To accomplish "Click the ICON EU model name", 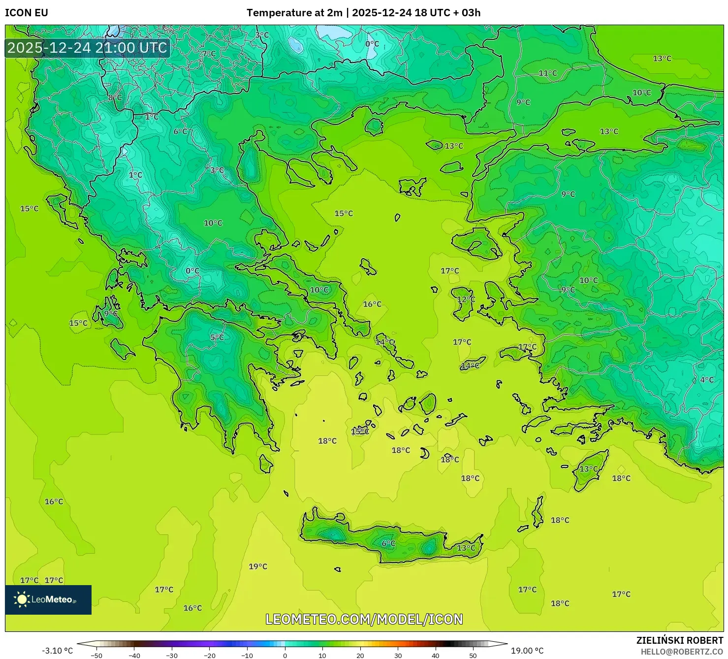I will [x=27, y=13].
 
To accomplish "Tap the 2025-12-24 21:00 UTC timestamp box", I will [x=87, y=48].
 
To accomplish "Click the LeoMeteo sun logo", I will [x=22, y=599].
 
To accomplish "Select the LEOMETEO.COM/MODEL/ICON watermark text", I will [x=364, y=619].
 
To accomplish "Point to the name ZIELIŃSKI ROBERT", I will [x=679, y=640].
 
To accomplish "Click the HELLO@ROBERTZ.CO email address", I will [x=681, y=651].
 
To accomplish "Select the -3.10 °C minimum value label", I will [x=57, y=651].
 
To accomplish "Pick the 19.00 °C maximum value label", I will [x=527, y=651].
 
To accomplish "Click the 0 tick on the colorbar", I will [x=285, y=655].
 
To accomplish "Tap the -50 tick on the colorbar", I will [x=96, y=655].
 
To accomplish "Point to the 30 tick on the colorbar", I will [x=398, y=655].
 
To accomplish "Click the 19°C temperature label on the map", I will [x=258, y=566].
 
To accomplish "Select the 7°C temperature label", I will [x=209, y=53].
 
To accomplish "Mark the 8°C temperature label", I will [x=115, y=98].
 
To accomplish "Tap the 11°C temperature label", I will [x=547, y=73].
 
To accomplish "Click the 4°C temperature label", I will [x=707, y=380].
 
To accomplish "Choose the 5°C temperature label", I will [x=217, y=337].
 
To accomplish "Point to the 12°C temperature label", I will [x=466, y=299].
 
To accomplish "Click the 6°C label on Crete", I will [x=388, y=543].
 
